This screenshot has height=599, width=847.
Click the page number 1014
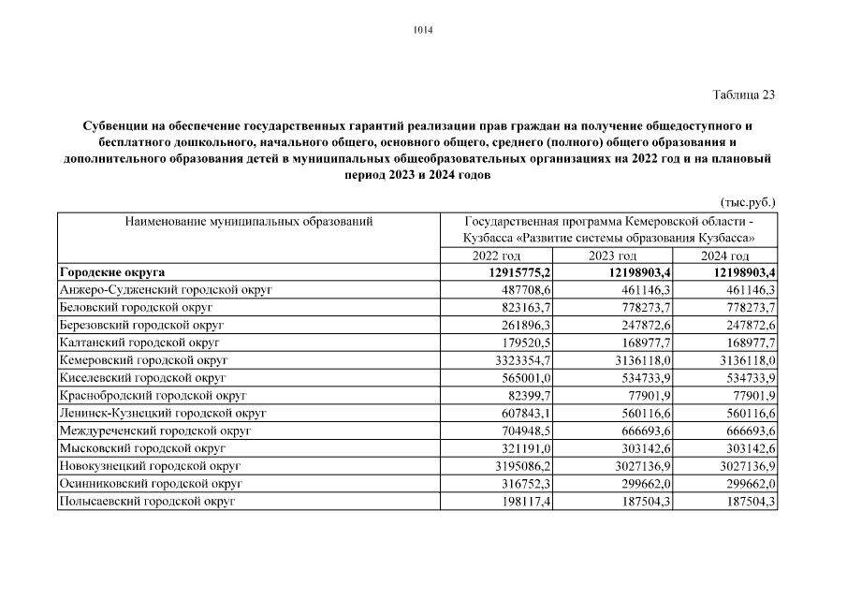(423, 30)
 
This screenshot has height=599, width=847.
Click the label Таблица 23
(744, 95)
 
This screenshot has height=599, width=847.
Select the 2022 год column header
(496, 256)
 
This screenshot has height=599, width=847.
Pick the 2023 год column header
(613, 256)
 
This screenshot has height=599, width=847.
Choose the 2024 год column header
(725, 256)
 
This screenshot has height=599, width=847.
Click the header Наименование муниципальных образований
(248, 222)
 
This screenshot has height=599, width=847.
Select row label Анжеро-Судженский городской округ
(165, 290)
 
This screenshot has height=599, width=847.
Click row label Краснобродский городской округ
(153, 396)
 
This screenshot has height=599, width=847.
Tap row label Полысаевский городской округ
(146, 502)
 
